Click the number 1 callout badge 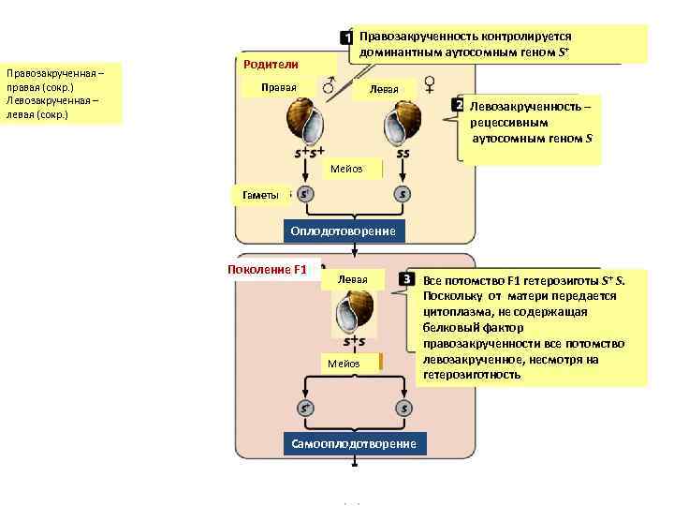point(346,37)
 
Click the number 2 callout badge point(459,105)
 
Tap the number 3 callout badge point(407,279)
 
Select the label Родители point(271,64)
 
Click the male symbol point(329,87)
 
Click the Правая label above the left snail point(279,88)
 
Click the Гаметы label point(260,194)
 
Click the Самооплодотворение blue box point(355,442)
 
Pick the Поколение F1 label point(268,270)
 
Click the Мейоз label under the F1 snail point(344,363)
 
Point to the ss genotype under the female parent point(403,154)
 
